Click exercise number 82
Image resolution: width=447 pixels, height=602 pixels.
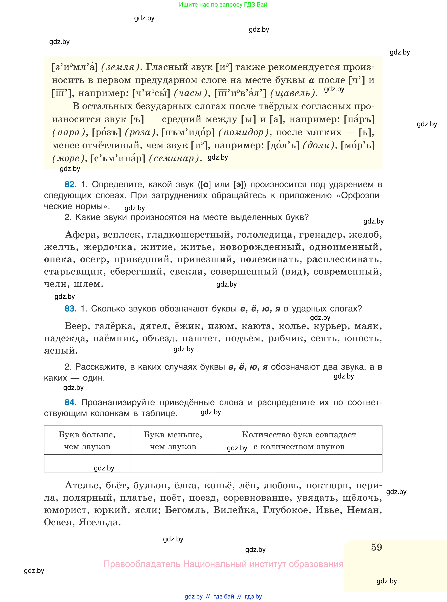70,184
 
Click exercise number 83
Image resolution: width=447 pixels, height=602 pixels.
70,309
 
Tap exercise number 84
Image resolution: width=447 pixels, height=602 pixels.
70,402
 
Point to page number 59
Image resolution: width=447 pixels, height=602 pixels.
376,547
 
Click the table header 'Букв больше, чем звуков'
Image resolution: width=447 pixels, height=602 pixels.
87,440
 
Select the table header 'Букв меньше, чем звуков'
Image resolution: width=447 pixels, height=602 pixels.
173,440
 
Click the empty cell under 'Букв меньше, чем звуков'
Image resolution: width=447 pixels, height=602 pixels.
173,463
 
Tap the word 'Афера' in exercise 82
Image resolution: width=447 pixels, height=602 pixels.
80,235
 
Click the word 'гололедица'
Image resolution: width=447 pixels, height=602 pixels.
264,235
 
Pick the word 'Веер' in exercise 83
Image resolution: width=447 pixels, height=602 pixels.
77,326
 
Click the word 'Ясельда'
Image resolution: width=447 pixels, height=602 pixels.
99,522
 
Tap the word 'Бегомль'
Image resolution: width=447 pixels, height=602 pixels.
187,510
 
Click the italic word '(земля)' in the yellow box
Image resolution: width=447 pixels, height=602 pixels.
120,67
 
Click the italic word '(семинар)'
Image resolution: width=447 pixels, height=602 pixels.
174,158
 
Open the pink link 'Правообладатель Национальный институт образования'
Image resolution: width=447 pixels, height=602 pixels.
223,564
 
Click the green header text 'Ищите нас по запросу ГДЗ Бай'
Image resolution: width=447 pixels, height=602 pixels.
223,5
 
